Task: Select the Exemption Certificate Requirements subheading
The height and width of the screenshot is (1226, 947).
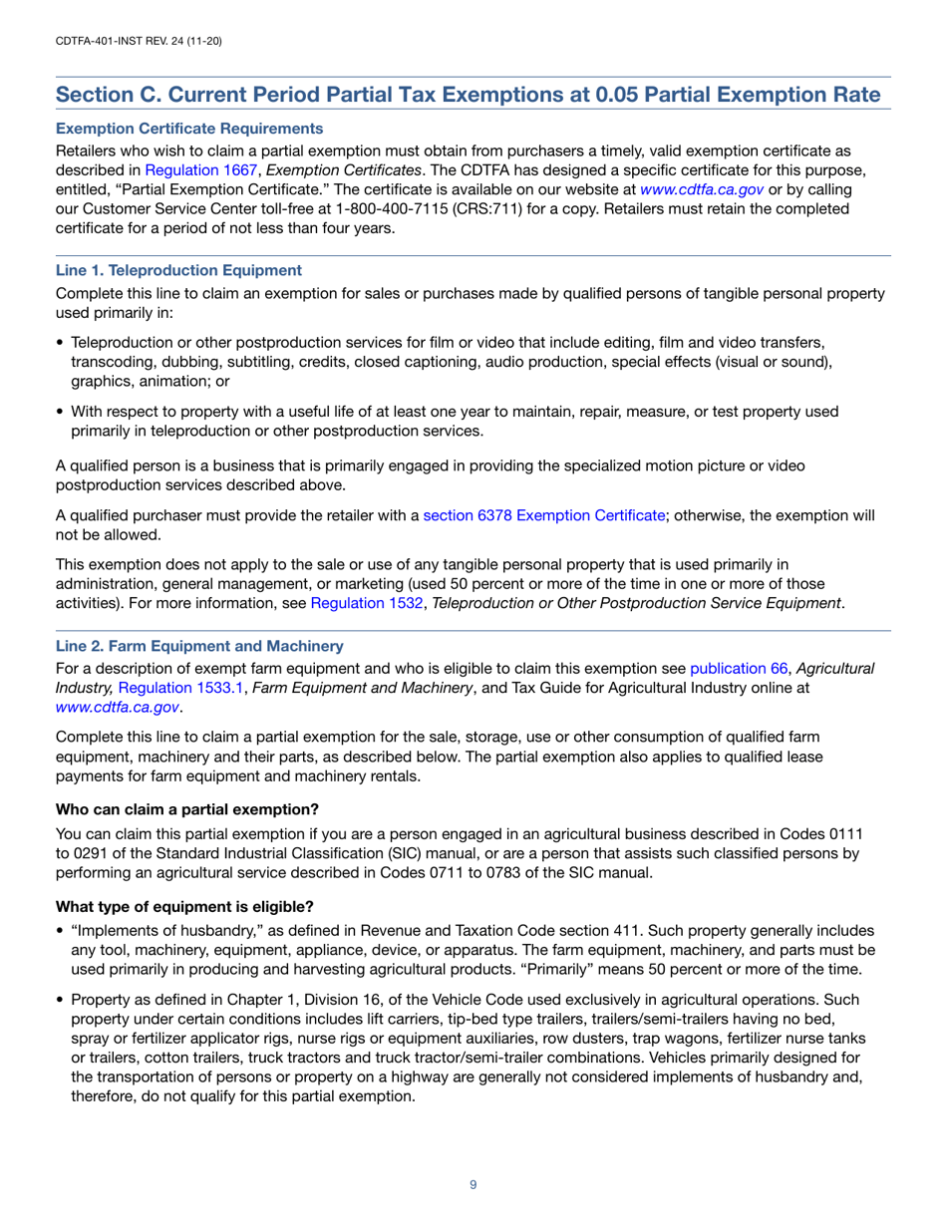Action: pos(189,129)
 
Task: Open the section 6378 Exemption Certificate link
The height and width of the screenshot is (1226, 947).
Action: pos(544,515)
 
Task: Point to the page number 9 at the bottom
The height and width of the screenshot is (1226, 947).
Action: pos(473,1184)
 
